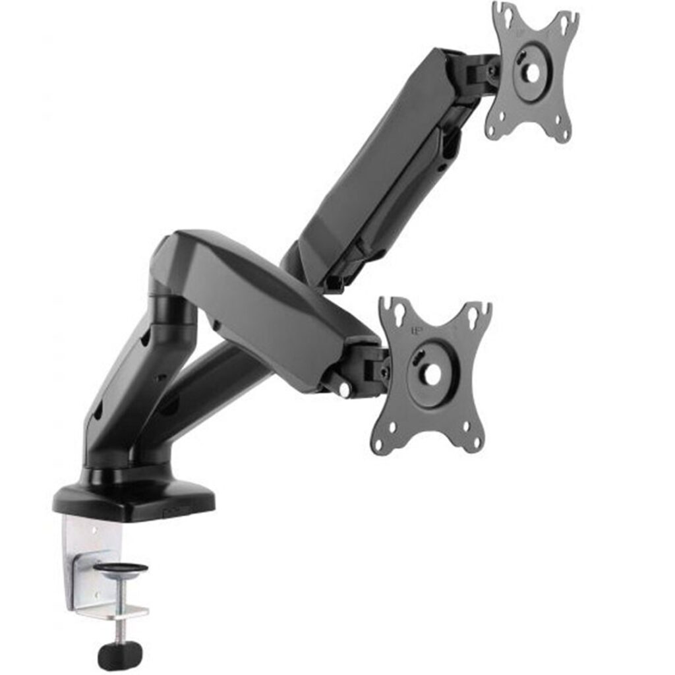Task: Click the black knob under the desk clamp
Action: [120, 655]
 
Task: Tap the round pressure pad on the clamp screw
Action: [121, 568]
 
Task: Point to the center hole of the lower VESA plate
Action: [432, 374]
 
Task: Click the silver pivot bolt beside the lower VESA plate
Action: [343, 391]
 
